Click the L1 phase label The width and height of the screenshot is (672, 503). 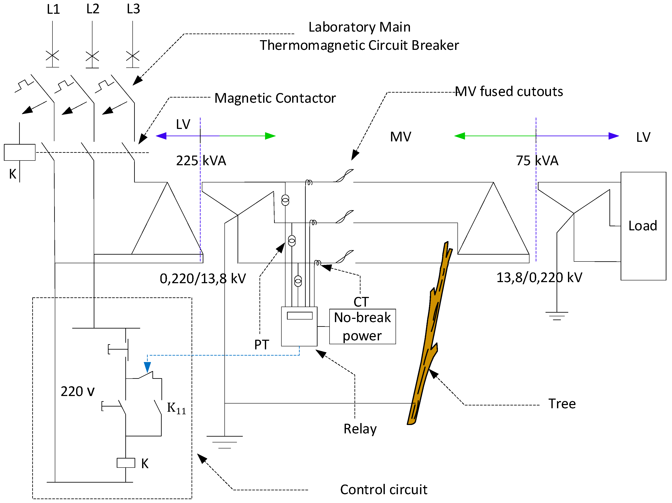click(x=53, y=9)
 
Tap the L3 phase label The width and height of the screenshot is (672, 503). click(x=133, y=9)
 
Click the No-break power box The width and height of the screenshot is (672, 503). click(x=362, y=326)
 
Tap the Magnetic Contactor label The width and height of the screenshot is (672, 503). click(x=275, y=98)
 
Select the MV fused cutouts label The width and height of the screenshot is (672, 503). click(x=509, y=91)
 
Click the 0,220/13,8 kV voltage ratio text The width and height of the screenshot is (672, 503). click(x=203, y=278)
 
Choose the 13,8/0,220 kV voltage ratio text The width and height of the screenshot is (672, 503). click(x=539, y=277)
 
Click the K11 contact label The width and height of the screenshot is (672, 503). click(x=176, y=408)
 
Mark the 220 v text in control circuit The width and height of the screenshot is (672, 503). click(x=77, y=391)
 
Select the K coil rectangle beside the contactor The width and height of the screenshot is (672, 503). click(x=19, y=152)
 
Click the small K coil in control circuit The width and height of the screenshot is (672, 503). click(x=126, y=463)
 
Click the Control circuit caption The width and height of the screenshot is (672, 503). click(x=383, y=489)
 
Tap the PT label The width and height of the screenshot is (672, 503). click(x=261, y=345)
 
